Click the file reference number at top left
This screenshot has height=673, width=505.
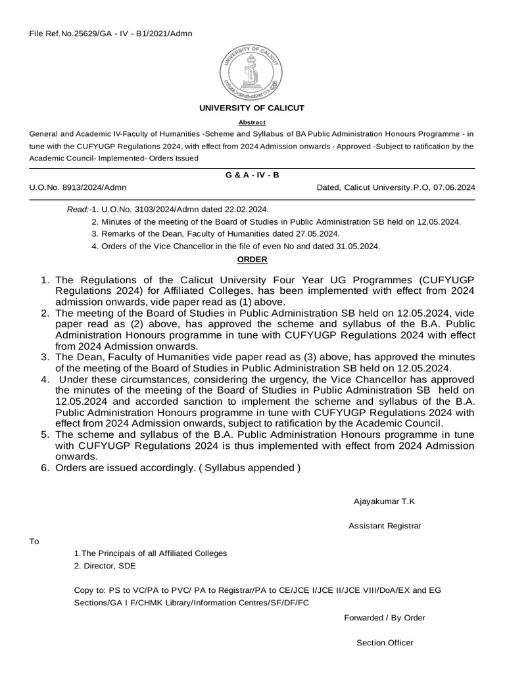coord(111,34)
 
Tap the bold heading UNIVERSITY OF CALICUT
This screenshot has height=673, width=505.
coord(252,108)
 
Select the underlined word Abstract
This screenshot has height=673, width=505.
coord(252,122)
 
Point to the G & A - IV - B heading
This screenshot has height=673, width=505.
coord(252,175)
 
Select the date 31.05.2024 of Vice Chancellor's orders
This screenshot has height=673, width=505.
coord(358,246)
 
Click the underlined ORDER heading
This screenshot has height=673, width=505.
coord(252,260)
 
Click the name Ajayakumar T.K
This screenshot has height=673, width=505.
coord(384,501)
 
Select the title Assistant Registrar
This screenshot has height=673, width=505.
coord(385,526)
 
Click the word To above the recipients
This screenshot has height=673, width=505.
coord(34,542)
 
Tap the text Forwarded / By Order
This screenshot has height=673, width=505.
coord(385,618)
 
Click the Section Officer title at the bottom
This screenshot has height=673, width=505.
coord(385,643)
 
